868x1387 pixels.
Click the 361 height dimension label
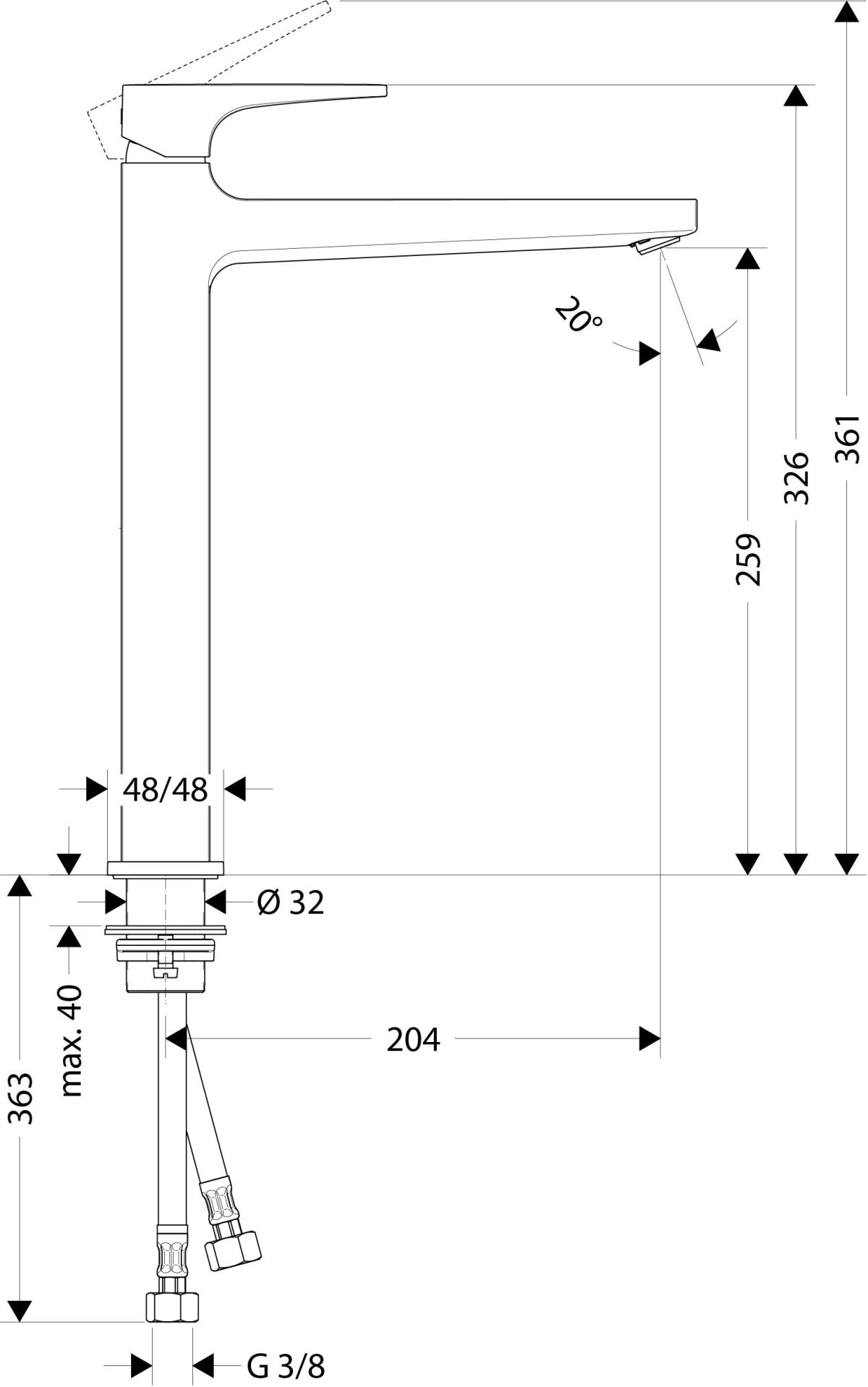click(846, 439)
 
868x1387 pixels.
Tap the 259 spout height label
click(748, 559)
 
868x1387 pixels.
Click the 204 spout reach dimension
click(413, 1040)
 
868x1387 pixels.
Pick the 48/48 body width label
click(165, 790)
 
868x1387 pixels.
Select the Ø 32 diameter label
click(291, 902)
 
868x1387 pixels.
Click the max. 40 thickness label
click(72, 1040)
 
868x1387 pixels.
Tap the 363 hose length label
click(21, 1098)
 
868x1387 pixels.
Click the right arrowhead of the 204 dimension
click(649, 1040)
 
